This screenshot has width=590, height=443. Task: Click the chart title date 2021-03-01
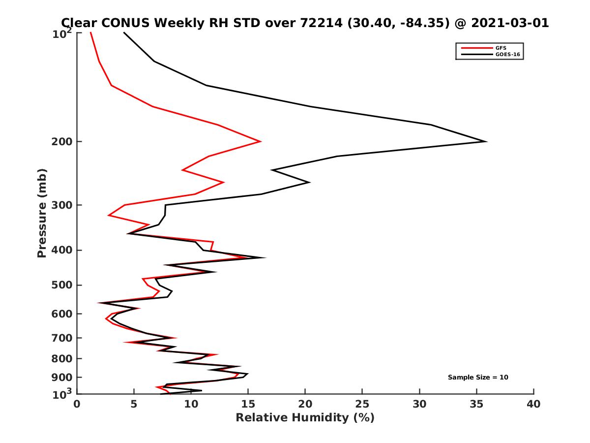click(x=508, y=23)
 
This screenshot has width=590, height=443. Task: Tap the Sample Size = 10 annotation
click(x=477, y=378)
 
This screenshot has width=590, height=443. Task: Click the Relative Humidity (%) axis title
click(x=305, y=418)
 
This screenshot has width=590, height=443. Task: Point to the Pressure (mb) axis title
click(x=42, y=213)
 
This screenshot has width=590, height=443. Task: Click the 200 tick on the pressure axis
click(x=62, y=142)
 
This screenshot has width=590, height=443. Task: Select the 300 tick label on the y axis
click(x=62, y=205)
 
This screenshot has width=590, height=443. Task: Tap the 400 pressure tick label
click(x=62, y=250)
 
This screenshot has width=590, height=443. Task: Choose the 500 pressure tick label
click(x=62, y=285)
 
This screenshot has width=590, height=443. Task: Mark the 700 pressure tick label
click(x=62, y=338)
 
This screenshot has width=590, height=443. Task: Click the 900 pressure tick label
click(x=62, y=378)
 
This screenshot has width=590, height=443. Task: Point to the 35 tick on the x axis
click(x=476, y=405)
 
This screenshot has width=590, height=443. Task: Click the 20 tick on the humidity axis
click(x=305, y=405)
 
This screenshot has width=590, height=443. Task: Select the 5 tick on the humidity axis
click(x=134, y=405)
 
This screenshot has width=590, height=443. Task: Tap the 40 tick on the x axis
click(x=533, y=405)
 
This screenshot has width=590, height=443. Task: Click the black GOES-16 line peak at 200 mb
click(x=486, y=142)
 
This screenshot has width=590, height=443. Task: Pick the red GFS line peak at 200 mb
click(x=260, y=142)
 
